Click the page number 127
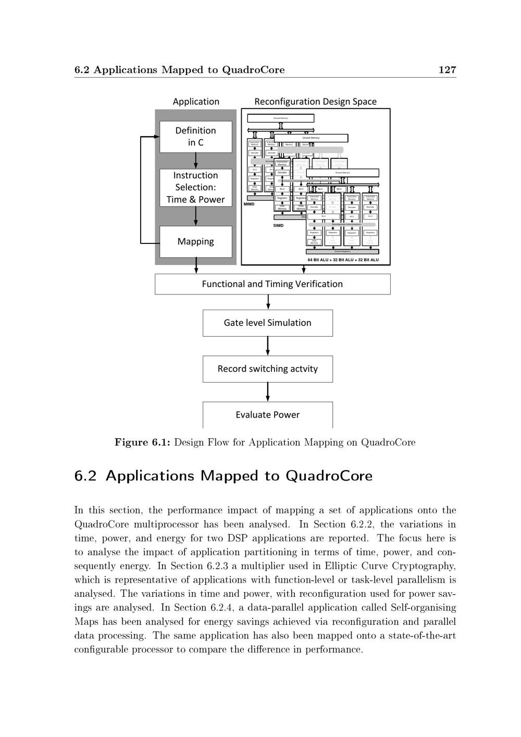click(x=447, y=70)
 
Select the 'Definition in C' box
click(x=195, y=137)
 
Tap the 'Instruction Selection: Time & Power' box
click(x=195, y=187)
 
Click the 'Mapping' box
click(x=195, y=241)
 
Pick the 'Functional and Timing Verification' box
click(x=272, y=284)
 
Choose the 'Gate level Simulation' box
click(x=267, y=323)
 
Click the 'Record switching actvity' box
click(x=267, y=369)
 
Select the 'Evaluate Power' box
click(x=267, y=415)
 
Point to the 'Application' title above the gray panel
click(x=196, y=102)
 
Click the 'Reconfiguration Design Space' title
click(x=315, y=102)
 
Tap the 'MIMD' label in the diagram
click(x=249, y=204)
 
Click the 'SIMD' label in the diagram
click(x=278, y=226)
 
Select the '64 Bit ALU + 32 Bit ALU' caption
click(x=343, y=260)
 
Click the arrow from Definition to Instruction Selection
click(x=196, y=161)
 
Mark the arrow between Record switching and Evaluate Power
click(x=268, y=392)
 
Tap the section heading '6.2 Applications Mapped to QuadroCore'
click(x=224, y=476)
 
